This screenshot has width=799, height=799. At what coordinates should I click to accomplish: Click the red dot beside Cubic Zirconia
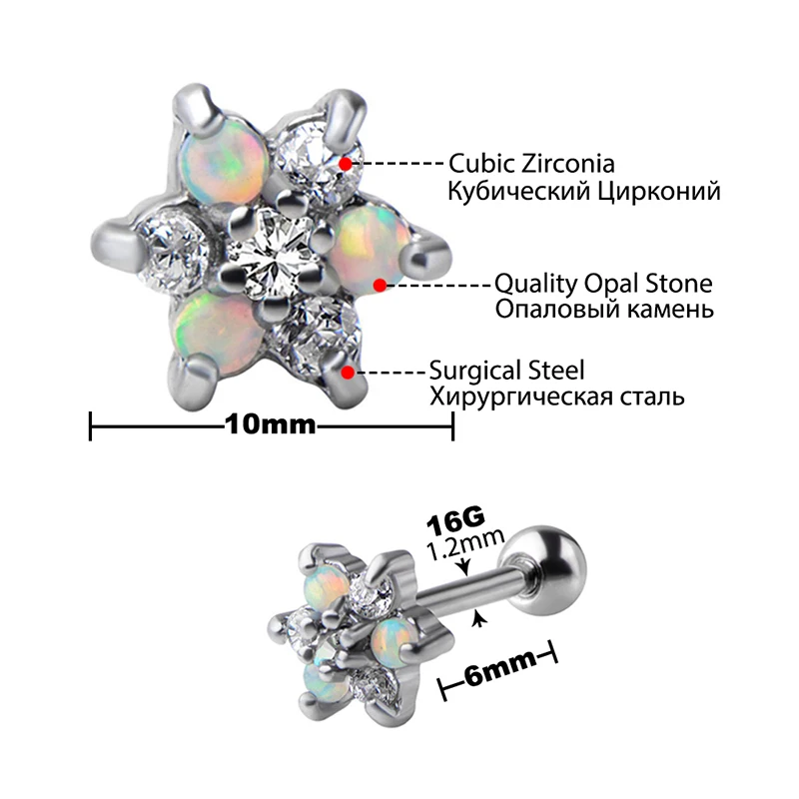345,163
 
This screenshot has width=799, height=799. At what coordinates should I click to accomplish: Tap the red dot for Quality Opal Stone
380,285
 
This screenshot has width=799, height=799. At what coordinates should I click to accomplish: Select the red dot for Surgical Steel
347,373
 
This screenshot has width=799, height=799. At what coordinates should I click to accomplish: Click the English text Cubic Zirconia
531,163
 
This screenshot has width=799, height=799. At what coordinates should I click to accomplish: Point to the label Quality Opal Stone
603,284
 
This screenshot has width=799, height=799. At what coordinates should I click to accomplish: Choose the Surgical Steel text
505,371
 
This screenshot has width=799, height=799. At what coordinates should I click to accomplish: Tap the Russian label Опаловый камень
604,310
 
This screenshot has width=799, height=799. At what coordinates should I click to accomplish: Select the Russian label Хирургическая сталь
556,397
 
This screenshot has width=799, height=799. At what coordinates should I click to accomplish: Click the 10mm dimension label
271,423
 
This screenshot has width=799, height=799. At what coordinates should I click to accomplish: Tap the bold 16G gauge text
455,522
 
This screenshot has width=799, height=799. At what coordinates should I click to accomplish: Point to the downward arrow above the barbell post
463,567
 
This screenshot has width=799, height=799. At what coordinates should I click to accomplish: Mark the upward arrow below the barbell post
481,620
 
